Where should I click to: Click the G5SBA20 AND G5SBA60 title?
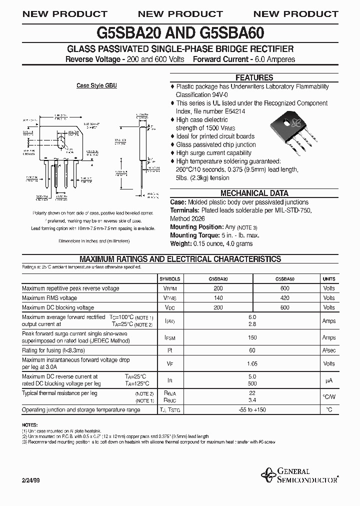tap(180, 33)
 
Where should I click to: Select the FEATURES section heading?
tap(254, 77)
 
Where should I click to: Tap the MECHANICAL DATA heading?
tap(254, 193)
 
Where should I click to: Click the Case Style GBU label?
tap(96, 86)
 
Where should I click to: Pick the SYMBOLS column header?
tap(169, 279)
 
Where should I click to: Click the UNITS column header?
tap(328, 279)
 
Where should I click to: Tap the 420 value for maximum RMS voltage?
tap(284, 298)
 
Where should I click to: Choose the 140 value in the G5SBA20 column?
tap(218, 298)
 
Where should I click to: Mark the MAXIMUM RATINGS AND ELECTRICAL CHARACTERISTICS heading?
tap(180, 259)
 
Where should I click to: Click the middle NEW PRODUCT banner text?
tap(180, 14)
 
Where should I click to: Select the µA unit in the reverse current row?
tap(328, 380)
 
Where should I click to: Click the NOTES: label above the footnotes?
tap(30, 424)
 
